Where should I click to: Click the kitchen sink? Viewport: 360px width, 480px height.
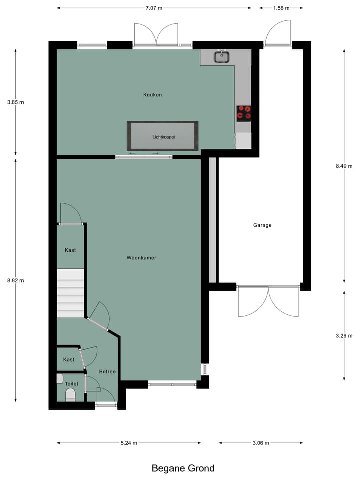pyautogui.click(x=222, y=57)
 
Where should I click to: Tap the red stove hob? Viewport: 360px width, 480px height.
pyautogui.click(x=243, y=113)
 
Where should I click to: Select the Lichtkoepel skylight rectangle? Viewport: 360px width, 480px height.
pyautogui.click(x=163, y=136)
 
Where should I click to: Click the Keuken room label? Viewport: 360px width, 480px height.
pyautogui.click(x=152, y=95)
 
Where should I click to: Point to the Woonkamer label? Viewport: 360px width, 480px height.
pyautogui.click(x=141, y=258)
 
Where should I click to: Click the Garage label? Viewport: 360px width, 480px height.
pyautogui.click(x=262, y=225)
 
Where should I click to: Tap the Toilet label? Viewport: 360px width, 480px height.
pyautogui.click(x=71, y=384)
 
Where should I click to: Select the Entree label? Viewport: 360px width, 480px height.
pyautogui.click(x=107, y=372)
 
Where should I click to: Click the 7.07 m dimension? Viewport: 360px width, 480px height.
pyautogui.click(x=154, y=8)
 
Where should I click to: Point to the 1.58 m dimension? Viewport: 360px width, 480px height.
pyautogui.click(x=281, y=8)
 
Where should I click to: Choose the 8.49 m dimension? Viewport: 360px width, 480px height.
pyautogui.click(x=344, y=166)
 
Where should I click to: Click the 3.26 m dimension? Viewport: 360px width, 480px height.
pyautogui.click(x=344, y=335)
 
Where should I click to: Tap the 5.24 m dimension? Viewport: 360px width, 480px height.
pyautogui.click(x=129, y=443)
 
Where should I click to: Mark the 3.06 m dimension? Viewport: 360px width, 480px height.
pyautogui.click(x=261, y=443)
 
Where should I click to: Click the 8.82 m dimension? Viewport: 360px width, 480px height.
pyautogui.click(x=15, y=280)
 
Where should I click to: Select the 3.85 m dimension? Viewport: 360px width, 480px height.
pyautogui.click(x=15, y=102)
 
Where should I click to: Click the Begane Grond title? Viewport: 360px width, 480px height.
pyautogui.click(x=183, y=468)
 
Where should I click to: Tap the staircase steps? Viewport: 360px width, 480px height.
pyautogui.click(x=70, y=293)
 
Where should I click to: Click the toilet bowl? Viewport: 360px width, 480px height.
pyautogui.click(x=70, y=396)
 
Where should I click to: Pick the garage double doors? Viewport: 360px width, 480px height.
pyautogui.click(x=268, y=301)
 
